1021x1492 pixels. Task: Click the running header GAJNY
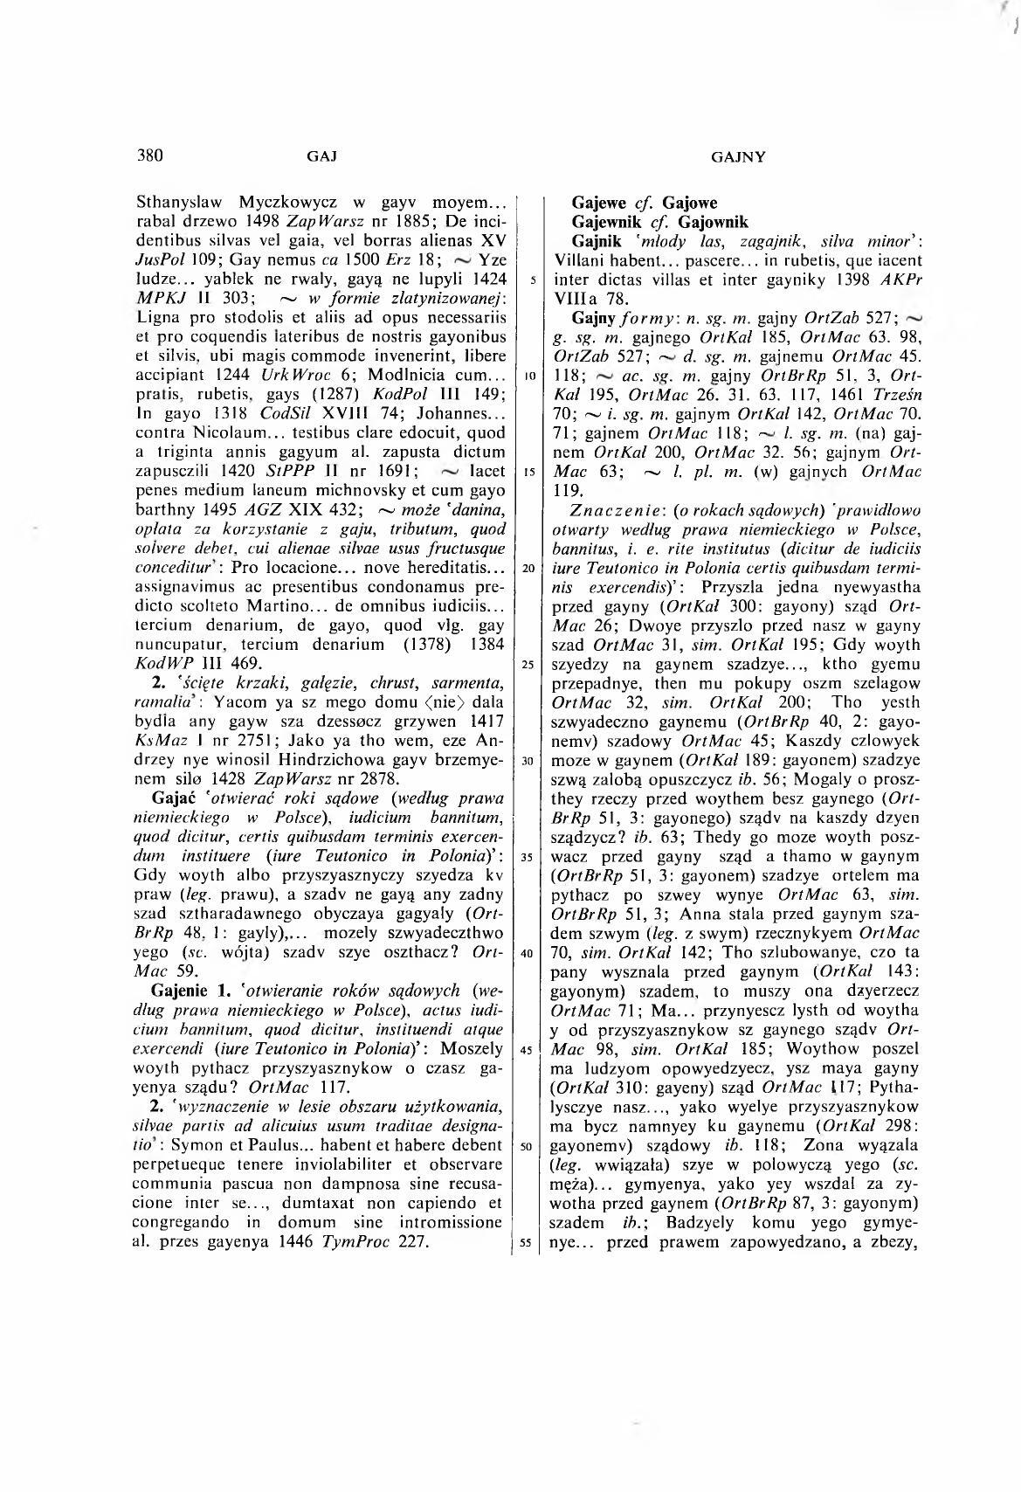pos(739,158)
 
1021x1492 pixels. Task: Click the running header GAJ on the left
pos(322,158)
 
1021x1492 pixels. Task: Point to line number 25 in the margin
pos(528,665)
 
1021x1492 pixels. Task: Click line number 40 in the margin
pos(528,952)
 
